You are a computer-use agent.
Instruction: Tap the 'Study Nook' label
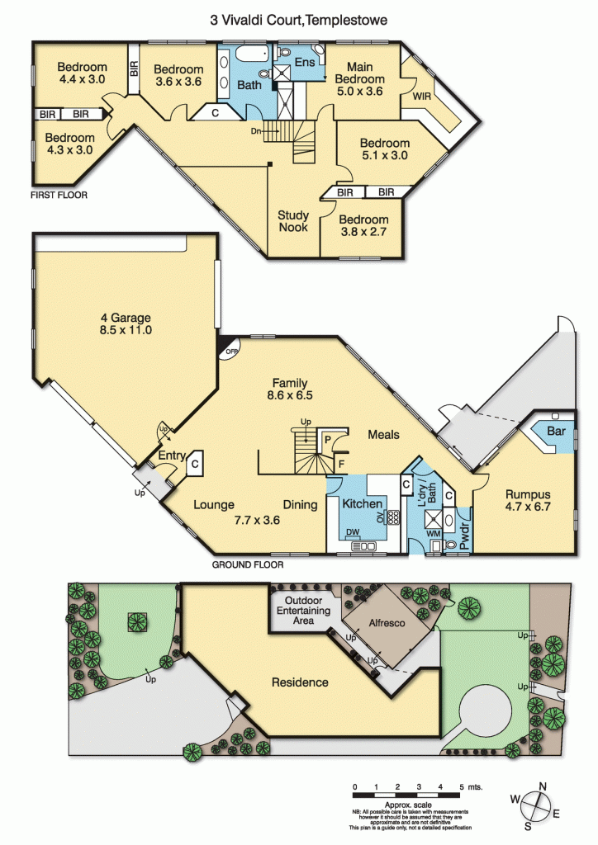[x=293, y=221]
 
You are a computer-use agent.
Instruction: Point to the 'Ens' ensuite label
[x=304, y=62]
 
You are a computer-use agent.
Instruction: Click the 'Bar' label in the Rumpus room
[x=556, y=432]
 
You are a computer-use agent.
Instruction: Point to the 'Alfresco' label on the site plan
[x=387, y=624]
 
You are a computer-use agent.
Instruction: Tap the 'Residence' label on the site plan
[x=300, y=682]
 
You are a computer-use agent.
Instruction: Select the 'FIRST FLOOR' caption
[x=59, y=196]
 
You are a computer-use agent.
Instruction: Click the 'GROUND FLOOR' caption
[x=248, y=565]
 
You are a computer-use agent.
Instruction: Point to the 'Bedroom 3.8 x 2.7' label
[x=363, y=225]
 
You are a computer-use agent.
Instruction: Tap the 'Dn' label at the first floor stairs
[x=258, y=130]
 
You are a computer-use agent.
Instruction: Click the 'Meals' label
[x=383, y=434]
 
